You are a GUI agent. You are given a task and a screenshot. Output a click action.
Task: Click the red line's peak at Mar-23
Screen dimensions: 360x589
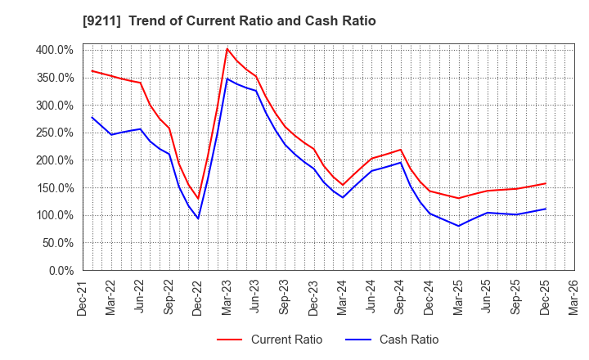[x=227, y=49]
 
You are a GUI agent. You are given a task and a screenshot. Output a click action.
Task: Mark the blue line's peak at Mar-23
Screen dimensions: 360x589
[x=227, y=79]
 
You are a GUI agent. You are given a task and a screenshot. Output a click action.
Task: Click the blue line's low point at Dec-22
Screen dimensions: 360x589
[x=198, y=218]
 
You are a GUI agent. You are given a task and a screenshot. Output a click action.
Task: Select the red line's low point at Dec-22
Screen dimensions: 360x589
[x=198, y=199]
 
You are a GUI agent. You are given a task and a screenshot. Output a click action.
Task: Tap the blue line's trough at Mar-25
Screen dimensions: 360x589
[x=459, y=226]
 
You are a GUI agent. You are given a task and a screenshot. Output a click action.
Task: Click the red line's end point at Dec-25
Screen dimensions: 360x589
[x=546, y=183]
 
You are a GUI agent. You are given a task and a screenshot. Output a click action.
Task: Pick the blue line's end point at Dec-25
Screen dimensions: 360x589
[x=546, y=209]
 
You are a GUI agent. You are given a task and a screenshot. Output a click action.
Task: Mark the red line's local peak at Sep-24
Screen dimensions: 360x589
[x=401, y=150]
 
